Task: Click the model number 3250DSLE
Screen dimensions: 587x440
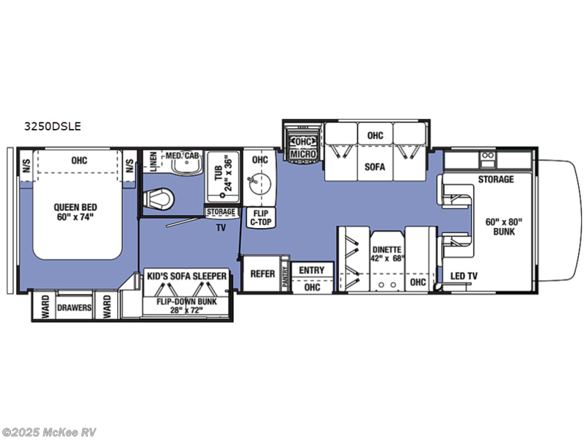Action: (52, 126)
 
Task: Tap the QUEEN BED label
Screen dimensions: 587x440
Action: (76, 208)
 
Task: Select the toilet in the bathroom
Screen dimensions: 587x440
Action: (158, 199)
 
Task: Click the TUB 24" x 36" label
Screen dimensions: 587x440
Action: (224, 172)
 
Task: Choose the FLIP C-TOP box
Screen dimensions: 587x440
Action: (260, 217)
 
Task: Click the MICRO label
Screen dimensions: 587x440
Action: (303, 154)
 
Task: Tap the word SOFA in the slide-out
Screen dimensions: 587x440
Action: (375, 167)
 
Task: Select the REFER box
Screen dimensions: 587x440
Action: (263, 274)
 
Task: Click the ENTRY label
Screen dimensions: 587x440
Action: (312, 270)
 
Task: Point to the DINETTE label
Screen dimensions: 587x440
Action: (387, 249)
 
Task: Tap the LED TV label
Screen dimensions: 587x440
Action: (464, 276)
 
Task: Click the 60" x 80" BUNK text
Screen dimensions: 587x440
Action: (504, 227)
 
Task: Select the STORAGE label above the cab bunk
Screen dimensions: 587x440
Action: (496, 179)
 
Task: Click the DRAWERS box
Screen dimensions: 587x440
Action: (74, 307)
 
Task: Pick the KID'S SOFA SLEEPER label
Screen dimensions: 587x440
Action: (187, 276)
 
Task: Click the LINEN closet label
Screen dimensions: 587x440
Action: (153, 161)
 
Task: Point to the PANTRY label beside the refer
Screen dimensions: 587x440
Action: (285, 277)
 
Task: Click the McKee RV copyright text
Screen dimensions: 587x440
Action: (48, 433)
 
